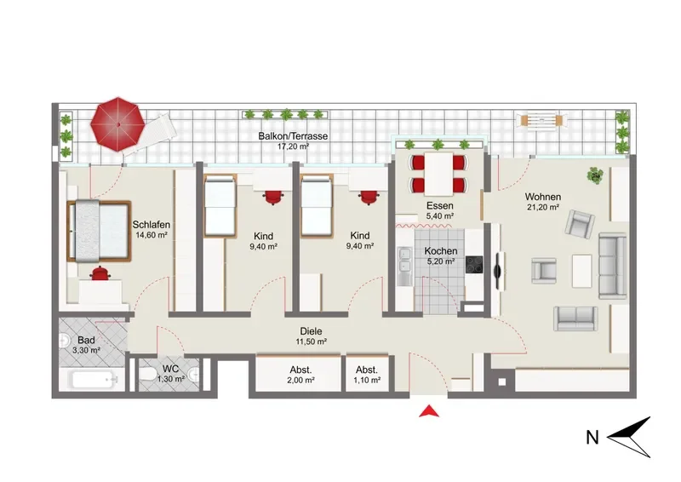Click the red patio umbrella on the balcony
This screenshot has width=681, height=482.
117,124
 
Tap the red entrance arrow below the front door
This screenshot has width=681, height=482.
429,411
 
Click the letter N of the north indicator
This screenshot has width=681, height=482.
592,437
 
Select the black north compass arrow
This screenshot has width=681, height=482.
629,437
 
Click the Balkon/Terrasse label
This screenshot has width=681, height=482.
293,135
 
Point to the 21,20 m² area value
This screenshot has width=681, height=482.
543,207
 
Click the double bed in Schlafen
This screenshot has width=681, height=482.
99,231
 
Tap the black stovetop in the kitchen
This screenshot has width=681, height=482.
474,264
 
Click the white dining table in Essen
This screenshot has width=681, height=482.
438,174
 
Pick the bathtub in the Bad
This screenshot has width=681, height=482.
94,381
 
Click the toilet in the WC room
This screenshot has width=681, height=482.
146,374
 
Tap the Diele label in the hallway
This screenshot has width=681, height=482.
311,331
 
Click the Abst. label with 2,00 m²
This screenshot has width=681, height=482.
300,370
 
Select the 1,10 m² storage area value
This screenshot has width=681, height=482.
367,381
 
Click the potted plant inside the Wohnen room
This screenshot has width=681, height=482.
594,175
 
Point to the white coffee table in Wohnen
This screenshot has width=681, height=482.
581,271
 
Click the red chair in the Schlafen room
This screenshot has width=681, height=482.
100,273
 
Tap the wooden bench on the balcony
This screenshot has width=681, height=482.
541,119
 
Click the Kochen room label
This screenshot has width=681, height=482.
440,250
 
